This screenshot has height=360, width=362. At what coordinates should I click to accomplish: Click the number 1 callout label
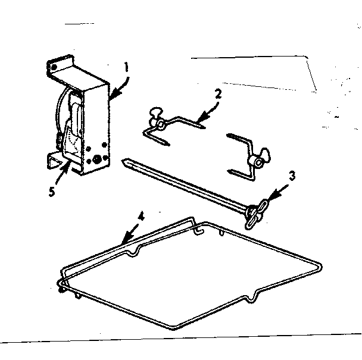(126, 67)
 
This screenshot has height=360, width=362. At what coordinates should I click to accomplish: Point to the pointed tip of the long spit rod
(123, 160)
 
